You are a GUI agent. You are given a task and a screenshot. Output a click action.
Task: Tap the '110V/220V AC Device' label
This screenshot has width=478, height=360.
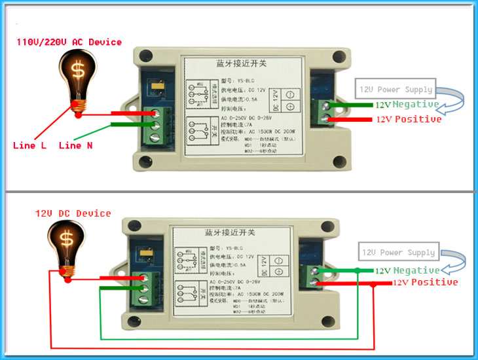pyautogui.click(x=69, y=42)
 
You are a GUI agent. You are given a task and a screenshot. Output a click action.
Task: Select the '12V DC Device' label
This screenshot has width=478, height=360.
pyautogui.click(x=73, y=213)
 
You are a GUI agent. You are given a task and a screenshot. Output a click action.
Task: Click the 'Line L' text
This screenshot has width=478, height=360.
pyautogui.click(x=29, y=145)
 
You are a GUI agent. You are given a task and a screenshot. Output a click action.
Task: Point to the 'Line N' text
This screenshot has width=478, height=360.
pyautogui.click(x=75, y=145)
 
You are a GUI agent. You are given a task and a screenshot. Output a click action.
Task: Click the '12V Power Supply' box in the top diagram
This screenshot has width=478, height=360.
pyautogui.click(x=395, y=89)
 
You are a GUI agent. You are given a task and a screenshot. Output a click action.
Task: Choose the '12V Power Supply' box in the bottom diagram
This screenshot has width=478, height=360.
pyautogui.click(x=398, y=253)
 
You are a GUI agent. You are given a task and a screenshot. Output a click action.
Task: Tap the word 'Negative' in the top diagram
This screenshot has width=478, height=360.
pyautogui.click(x=416, y=105)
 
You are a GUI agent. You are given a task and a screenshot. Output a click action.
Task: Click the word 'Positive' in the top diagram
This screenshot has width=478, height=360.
pyautogui.click(x=418, y=119)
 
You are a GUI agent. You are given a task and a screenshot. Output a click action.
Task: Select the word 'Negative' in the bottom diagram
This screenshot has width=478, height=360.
pyautogui.click(x=416, y=270)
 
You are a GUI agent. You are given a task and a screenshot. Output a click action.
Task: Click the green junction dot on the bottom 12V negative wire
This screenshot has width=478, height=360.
pyautogui.click(x=357, y=270)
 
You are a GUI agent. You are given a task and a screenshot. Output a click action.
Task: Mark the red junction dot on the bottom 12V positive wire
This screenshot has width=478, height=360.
pyautogui.click(x=373, y=283)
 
